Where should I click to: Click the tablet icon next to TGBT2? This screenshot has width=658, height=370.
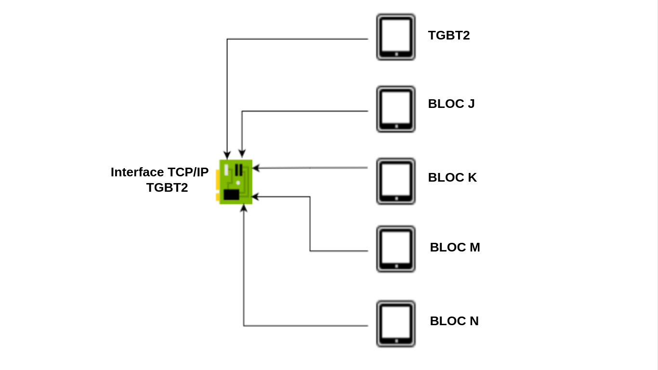(x=395, y=37)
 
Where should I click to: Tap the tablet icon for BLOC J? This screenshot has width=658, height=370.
(x=395, y=109)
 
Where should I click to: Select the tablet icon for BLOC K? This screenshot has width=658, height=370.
(x=395, y=181)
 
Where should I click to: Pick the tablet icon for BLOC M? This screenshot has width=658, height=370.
(x=395, y=249)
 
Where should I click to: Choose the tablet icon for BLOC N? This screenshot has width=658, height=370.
(x=395, y=324)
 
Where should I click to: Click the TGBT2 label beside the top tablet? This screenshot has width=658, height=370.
(x=448, y=35)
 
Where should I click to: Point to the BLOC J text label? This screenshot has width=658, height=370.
(x=451, y=104)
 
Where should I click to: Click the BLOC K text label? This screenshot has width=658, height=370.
(x=452, y=177)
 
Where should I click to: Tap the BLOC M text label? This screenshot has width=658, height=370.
(x=455, y=247)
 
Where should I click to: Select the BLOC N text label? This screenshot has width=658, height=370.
(x=454, y=321)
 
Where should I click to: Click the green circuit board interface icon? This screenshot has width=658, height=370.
(x=236, y=182)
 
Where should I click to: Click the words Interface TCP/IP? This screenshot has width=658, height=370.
(x=159, y=172)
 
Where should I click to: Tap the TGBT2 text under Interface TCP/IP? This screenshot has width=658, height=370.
(x=167, y=187)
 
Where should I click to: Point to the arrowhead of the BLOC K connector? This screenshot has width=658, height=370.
(x=256, y=168)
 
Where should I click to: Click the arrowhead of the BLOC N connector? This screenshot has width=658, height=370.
(x=244, y=208)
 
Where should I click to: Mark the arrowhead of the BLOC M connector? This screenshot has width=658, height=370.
(x=256, y=197)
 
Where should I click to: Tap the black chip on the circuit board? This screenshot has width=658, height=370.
(x=231, y=195)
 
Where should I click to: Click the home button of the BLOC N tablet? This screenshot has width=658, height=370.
(x=396, y=341)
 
